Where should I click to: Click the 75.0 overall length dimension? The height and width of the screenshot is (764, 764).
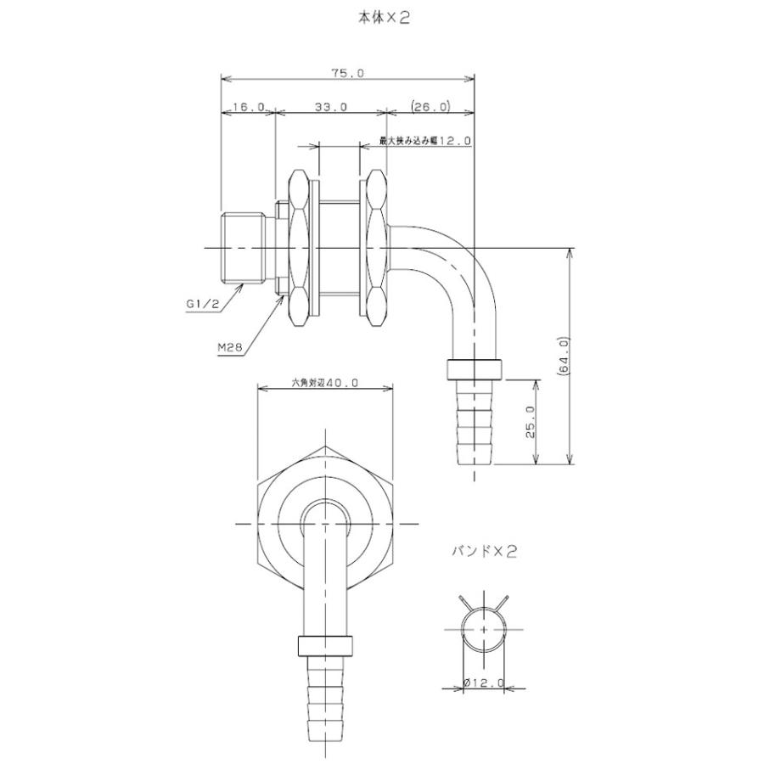(x=347, y=73)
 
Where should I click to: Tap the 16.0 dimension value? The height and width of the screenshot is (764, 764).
(x=248, y=106)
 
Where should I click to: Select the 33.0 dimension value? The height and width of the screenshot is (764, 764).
(x=331, y=106)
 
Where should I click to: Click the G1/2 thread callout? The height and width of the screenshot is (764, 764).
(x=203, y=304)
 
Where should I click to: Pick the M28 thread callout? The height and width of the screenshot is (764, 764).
(x=230, y=347)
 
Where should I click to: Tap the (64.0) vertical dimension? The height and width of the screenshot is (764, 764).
(x=565, y=357)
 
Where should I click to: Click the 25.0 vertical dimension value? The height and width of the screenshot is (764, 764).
(x=531, y=423)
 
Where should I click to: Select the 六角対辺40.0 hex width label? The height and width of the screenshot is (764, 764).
(x=324, y=383)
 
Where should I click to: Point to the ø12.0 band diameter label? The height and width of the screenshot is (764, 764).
(x=483, y=683)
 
